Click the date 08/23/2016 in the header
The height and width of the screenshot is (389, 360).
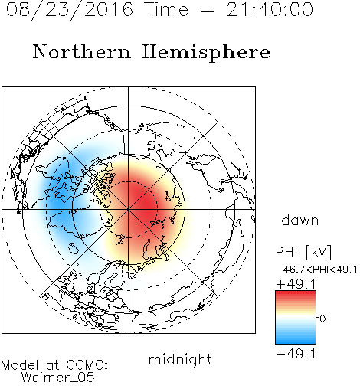[x=70, y=10]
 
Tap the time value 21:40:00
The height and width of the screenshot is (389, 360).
[x=270, y=10]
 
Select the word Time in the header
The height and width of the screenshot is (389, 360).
[x=166, y=10]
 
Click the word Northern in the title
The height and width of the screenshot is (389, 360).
[x=82, y=51]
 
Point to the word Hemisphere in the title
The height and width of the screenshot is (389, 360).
[x=206, y=53]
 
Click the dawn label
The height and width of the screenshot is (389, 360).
[x=300, y=220]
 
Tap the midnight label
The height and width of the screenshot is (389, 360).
[x=180, y=359]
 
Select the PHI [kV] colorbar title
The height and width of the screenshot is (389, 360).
[x=303, y=252]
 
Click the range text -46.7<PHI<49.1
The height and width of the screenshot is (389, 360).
[x=316, y=270]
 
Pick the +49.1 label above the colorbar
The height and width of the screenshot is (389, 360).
[x=296, y=284]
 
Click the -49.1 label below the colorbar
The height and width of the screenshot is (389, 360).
[x=296, y=354]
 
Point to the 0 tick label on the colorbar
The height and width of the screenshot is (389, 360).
[x=322, y=319]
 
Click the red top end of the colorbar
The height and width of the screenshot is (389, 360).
[x=296, y=293]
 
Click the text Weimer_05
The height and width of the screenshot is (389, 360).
[x=58, y=378]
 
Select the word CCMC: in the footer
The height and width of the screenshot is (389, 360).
[x=87, y=365]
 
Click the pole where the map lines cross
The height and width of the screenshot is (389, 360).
[x=129, y=210]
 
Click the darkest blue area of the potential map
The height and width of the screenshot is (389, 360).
[x=58, y=201]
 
